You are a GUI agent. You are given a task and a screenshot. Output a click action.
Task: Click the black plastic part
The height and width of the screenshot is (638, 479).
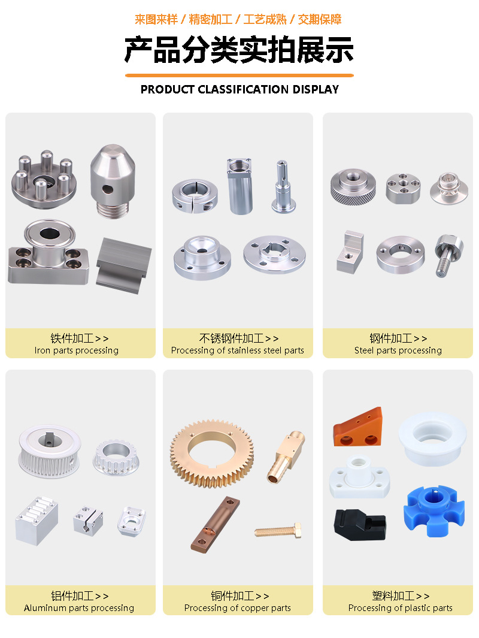pyautogui.click(x=359, y=524)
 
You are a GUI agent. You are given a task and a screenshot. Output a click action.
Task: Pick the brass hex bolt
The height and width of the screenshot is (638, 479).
pyautogui.click(x=278, y=531)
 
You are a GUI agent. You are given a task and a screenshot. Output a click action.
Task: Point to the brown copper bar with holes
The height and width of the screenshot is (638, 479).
pyautogui.click(x=216, y=524)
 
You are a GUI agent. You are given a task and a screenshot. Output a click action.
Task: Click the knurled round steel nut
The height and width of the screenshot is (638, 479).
pyautogui.click(x=353, y=186)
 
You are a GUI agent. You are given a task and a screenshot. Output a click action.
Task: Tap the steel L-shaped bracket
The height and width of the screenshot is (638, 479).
pyautogui.click(x=350, y=252)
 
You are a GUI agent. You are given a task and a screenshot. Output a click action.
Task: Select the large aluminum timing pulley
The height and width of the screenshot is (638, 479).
pyautogui.click(x=49, y=451)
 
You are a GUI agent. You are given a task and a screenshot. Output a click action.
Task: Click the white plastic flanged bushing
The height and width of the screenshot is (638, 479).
pyautogui.click(x=433, y=438)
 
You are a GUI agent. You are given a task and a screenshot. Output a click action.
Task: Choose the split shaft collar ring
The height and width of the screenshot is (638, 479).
pyautogui.click(x=195, y=195)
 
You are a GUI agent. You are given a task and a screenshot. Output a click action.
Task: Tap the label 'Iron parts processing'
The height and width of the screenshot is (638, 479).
pyautogui.click(x=77, y=350)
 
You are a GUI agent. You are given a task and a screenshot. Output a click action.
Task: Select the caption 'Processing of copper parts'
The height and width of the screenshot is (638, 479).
pyautogui.click(x=238, y=608)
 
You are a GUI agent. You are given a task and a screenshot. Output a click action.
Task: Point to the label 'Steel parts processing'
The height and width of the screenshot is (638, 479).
pyautogui.click(x=398, y=350)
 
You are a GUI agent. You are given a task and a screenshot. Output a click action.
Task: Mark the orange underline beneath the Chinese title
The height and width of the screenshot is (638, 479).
pyautogui.click(x=239, y=75)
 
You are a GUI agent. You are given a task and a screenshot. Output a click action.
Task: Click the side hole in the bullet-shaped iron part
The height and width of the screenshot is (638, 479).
pyautogui.click(x=108, y=189)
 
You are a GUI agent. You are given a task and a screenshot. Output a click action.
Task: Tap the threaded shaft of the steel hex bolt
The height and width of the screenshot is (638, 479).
pyautogui.click(x=443, y=264)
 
